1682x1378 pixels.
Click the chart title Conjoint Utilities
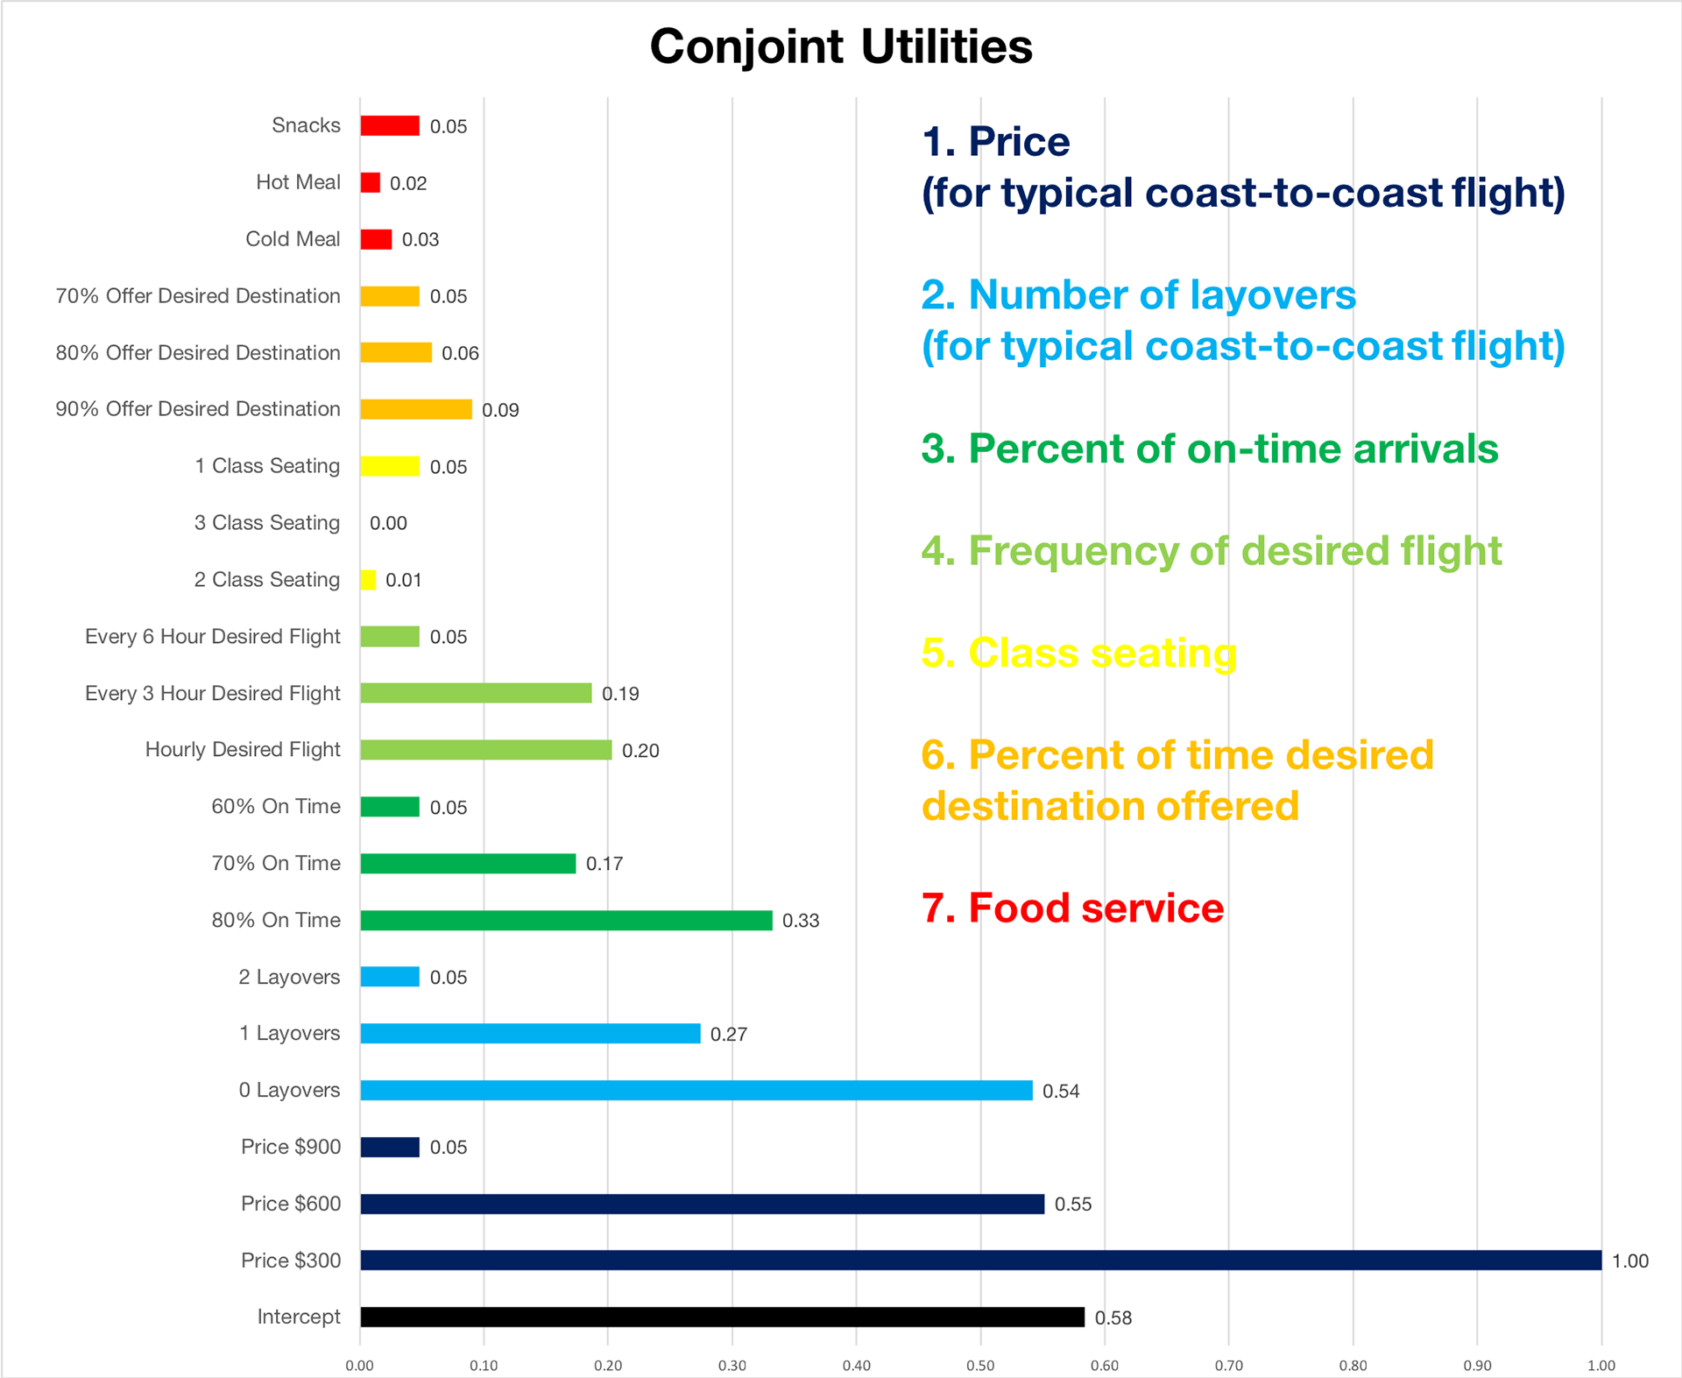[841, 46]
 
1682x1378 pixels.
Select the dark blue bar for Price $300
[980, 1260]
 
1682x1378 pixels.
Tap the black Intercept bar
[722, 1317]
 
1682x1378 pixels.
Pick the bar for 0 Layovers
[696, 1090]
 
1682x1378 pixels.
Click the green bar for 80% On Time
[566, 920]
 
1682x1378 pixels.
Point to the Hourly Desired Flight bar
[486, 750]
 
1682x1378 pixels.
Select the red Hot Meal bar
[370, 182]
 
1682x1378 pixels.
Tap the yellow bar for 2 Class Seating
[368, 580]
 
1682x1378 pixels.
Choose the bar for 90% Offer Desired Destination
[416, 409]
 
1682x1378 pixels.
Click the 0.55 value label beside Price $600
[1073, 1204]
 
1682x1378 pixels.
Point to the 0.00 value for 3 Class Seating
[388, 523]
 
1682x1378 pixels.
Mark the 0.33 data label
[801, 920]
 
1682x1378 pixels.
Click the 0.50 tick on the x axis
[980, 1365]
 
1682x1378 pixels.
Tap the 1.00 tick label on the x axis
[1601, 1365]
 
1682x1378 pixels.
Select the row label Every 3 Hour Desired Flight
[212, 693]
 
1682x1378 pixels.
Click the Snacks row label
[306, 125]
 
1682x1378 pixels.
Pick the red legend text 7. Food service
[1072, 908]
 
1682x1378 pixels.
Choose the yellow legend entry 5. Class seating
[1078, 653]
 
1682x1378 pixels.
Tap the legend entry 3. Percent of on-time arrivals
[1209, 449]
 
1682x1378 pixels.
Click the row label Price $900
[291, 1147]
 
